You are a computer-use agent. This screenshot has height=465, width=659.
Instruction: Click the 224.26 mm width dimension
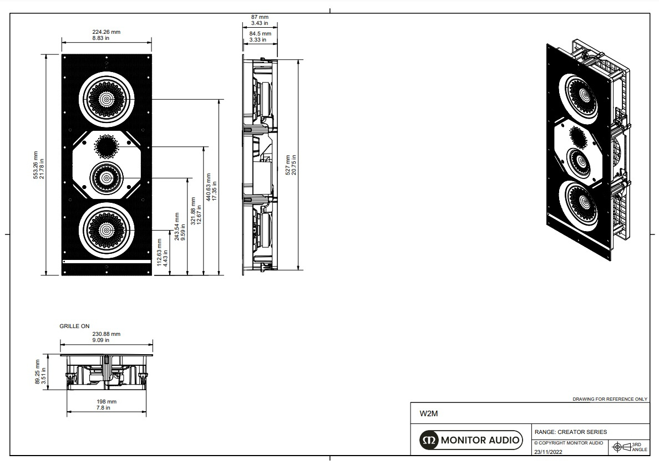coord(106,35)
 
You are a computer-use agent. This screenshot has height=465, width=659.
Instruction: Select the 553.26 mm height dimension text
coord(38,165)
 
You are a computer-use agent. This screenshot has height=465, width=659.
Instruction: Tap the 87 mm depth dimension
coord(260,20)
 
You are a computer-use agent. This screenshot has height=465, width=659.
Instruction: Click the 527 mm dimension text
coord(291,165)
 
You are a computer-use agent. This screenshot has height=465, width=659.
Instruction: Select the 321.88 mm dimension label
coord(195,210)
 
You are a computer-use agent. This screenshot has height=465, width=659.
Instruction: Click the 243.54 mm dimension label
coord(179,227)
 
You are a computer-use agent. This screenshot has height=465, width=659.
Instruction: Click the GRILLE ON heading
coord(74,326)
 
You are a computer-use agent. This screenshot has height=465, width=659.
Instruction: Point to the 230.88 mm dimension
coord(106,337)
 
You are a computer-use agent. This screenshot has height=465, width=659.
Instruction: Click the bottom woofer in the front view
coord(106,230)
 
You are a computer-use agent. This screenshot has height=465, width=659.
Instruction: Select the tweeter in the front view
coord(106,146)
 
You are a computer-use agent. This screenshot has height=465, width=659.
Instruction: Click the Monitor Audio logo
coord(470,441)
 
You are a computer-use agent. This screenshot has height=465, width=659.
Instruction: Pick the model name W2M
coord(425,413)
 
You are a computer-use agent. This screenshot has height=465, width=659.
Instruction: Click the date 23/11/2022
coord(548,452)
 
